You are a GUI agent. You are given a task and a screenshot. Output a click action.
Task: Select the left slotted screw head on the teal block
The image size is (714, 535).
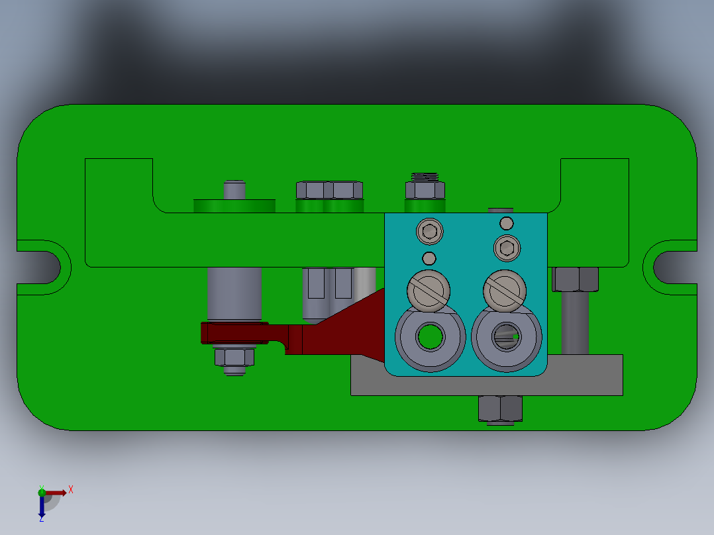tap(429, 290)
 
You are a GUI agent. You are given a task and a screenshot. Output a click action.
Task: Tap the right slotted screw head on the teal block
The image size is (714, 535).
tap(505, 290)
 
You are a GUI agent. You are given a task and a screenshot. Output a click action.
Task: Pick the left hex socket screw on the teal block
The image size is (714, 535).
tap(429, 232)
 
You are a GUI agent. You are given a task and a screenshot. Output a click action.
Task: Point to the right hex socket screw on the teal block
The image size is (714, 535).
tap(507, 248)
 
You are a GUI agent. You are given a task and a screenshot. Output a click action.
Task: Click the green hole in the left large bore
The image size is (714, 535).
tap(429, 337)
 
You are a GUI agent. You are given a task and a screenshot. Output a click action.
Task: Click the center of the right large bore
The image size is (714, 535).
tap(507, 337)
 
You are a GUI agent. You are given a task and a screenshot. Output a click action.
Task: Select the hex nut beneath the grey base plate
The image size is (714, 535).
tap(500, 408)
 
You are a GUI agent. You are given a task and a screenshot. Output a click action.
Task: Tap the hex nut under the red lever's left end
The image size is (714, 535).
tap(234, 358)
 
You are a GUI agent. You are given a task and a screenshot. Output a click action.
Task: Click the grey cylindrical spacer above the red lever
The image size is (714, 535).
tap(234, 293)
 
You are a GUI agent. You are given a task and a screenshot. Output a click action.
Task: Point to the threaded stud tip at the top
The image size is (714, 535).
tap(425, 176)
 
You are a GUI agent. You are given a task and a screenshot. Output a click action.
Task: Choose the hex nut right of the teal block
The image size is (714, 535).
tap(576, 279)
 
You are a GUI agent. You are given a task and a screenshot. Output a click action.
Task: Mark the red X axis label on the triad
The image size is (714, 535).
tap(71, 490)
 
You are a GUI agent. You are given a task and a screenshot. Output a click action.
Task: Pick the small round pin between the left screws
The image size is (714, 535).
tap(429, 258)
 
